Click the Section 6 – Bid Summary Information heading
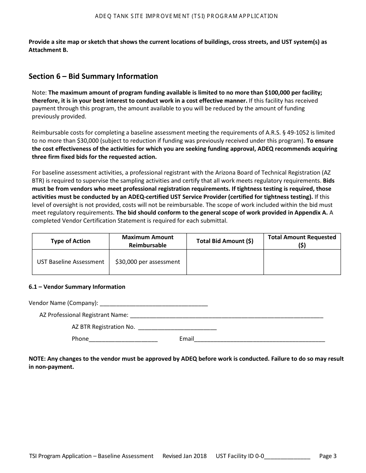pos(93,76)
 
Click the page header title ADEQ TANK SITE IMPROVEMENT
pos(186,16)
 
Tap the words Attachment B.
pos(48,50)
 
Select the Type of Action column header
pos(71,241)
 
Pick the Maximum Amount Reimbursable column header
pos(148,241)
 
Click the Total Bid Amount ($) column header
pos(225,241)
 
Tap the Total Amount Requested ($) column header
pos(302,241)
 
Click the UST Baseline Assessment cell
pos(71,262)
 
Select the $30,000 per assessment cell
pos(148,262)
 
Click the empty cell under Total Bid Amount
pos(225,262)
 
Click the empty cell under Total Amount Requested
pos(302,262)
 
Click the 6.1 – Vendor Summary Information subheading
pos(77,287)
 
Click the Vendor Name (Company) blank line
pos(153,303)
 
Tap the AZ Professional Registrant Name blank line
pos(227,315)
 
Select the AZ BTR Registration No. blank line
pos(177,327)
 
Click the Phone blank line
pos(123,339)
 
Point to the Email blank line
pos(259,339)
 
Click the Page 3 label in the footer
pos(328,456)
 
